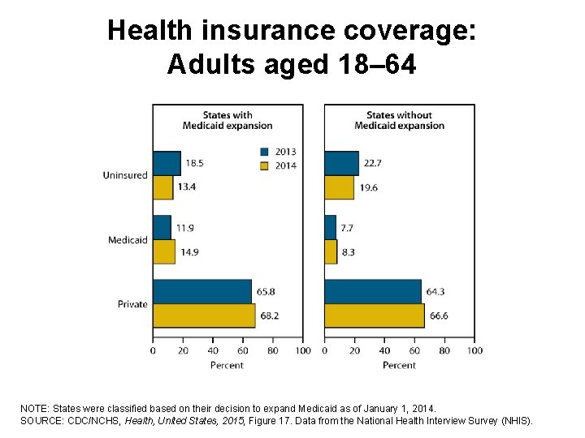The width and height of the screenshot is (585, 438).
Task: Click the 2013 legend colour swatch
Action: coord(265,152)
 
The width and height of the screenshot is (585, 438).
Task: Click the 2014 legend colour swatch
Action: coord(265,165)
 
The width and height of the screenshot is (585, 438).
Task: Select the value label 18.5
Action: coord(194,163)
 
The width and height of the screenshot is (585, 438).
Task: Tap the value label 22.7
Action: coord(372,163)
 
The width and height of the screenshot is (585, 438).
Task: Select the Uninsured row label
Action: coord(125,175)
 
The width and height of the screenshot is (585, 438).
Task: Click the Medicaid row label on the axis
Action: coord(128,239)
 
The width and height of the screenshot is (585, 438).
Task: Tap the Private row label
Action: coord(132,304)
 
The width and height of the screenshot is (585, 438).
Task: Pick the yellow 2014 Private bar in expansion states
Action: coord(204,316)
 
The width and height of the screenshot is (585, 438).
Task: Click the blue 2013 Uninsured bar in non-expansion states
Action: coord(341,163)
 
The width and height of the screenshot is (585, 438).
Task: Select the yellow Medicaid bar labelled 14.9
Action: coord(163,251)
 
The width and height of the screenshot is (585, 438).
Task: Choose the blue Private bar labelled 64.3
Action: coord(373,291)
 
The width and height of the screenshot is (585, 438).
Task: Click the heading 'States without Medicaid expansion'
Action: coord(399,120)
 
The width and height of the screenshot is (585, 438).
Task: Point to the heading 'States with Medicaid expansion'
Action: coord(227,120)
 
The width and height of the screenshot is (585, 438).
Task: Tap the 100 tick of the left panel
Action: coord(302,350)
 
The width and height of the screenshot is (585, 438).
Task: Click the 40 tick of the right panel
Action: coord(384,350)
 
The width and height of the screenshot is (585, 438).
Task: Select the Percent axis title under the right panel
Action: coord(399,365)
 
